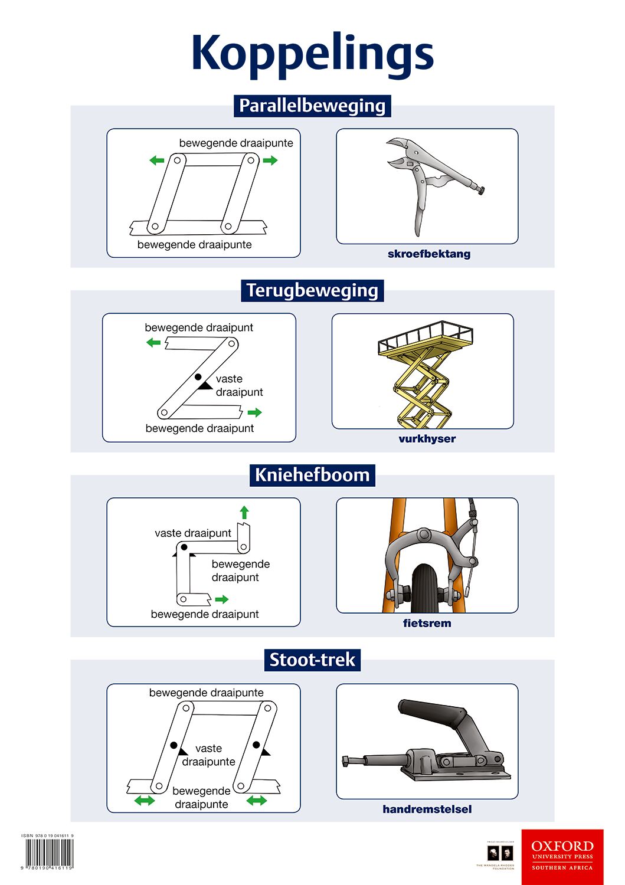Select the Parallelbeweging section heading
312,106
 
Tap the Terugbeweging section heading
312,290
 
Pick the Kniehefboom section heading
312,475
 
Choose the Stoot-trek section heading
312,660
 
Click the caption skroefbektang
429,254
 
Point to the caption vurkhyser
427,439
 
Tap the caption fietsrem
427,624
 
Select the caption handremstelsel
427,809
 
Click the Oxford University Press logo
562,856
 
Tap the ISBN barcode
48,853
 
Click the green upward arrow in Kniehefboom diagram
244,512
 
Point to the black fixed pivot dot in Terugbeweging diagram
198,377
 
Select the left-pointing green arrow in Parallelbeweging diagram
156,160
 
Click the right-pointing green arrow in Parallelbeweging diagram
270,160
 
